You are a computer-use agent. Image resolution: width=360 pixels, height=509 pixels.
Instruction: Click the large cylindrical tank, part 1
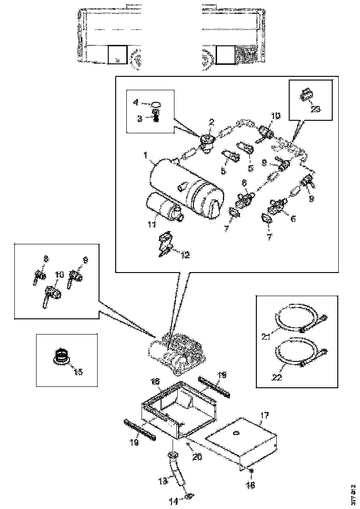click(x=185, y=185)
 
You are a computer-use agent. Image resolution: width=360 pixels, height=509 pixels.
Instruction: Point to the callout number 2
click(x=211, y=122)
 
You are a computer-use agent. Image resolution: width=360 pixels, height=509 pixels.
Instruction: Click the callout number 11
click(x=151, y=225)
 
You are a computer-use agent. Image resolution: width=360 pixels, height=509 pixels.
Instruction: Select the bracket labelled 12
click(x=165, y=245)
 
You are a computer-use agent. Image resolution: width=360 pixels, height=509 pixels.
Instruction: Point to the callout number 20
click(x=198, y=456)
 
